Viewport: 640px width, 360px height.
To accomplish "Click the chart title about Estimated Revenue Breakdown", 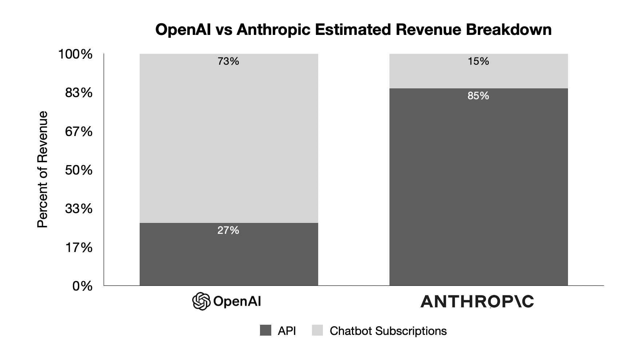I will pos(353,29).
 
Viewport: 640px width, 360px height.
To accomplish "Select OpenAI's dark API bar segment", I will pos(229,258).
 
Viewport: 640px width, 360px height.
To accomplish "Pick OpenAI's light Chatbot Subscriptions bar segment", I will pos(229,142).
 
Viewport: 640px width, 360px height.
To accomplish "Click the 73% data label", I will pos(228,61).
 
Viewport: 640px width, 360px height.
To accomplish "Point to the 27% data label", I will pos(228,230).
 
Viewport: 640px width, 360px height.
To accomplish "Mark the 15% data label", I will pos(478,61).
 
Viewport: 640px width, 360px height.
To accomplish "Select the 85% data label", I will pos(478,96).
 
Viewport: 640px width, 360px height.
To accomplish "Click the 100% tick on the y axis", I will pos(76,55).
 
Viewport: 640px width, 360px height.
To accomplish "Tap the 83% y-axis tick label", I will pos(79,93).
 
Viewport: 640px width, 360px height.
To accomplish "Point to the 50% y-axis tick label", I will pos(79,170).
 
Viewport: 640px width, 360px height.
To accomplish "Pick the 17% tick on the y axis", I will pos(79,248).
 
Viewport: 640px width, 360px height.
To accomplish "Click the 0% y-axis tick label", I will pos(82,286).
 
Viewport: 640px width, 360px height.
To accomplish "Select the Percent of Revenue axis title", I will pos(43,169).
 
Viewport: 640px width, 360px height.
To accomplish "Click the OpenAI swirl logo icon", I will pos(201,301).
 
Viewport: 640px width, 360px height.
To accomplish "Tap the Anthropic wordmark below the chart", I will pos(477,301).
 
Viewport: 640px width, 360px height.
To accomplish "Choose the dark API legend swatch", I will pos(265,331).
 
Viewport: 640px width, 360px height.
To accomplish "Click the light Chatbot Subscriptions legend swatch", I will pos(317,331).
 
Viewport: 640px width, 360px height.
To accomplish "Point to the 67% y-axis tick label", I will pos(79,132).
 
